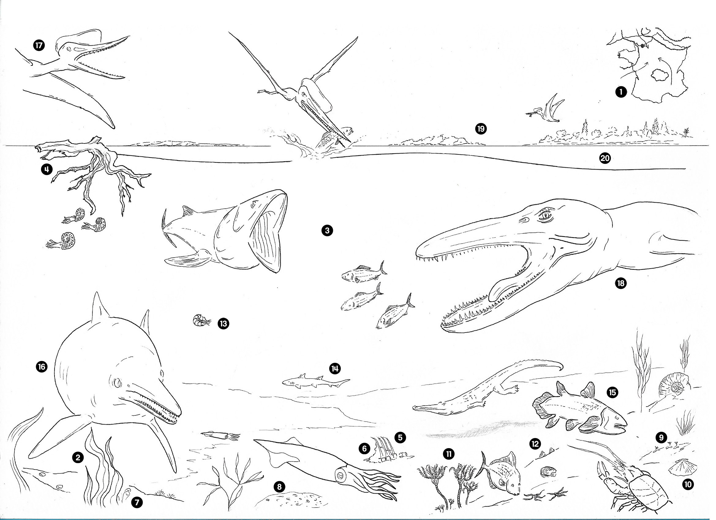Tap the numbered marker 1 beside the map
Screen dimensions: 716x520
(x=621, y=92)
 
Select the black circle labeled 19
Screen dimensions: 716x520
(x=481, y=129)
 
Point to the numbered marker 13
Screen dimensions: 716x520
(x=223, y=324)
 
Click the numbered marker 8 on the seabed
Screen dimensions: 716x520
(x=279, y=487)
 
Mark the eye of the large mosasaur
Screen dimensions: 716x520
(x=545, y=215)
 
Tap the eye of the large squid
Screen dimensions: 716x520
(x=341, y=474)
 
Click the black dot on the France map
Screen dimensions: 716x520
(x=643, y=46)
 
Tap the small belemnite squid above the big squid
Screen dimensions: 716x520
(x=220, y=436)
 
